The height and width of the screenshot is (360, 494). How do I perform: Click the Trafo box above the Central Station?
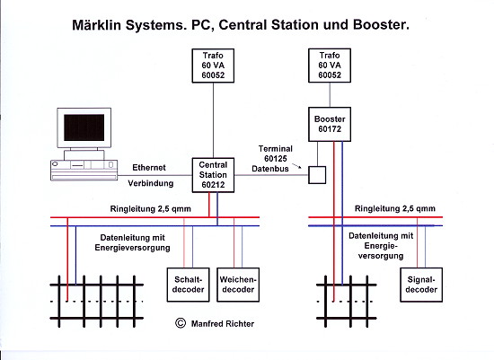point(213,66)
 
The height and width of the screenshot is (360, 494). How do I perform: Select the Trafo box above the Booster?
point(330,66)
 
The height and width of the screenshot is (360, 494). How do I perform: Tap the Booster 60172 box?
point(330,124)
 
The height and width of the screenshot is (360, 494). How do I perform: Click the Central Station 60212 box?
point(213,175)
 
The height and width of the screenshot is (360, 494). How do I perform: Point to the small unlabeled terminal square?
point(317,175)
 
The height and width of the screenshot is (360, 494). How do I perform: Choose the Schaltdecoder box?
point(188,285)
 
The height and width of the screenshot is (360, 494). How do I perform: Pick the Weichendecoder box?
point(238,285)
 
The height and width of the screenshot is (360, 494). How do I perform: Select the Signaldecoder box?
point(421,285)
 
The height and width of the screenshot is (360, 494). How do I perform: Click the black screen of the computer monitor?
point(84,127)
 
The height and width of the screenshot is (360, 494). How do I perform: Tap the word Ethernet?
point(149,168)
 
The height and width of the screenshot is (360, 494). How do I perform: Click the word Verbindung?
point(151,183)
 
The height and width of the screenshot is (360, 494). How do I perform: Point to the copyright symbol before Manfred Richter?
point(181,323)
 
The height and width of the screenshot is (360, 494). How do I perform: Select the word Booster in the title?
point(381,25)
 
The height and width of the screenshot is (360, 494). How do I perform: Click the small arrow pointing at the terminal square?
point(297,166)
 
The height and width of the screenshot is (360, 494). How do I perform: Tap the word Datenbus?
point(270,169)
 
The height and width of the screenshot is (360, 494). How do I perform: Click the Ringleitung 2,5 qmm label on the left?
point(151,209)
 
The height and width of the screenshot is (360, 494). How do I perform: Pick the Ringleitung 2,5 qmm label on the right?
point(395,208)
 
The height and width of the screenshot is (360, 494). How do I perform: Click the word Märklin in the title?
point(96,25)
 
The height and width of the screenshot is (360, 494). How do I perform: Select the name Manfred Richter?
point(223,324)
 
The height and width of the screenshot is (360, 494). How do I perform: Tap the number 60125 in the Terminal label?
point(276,159)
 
